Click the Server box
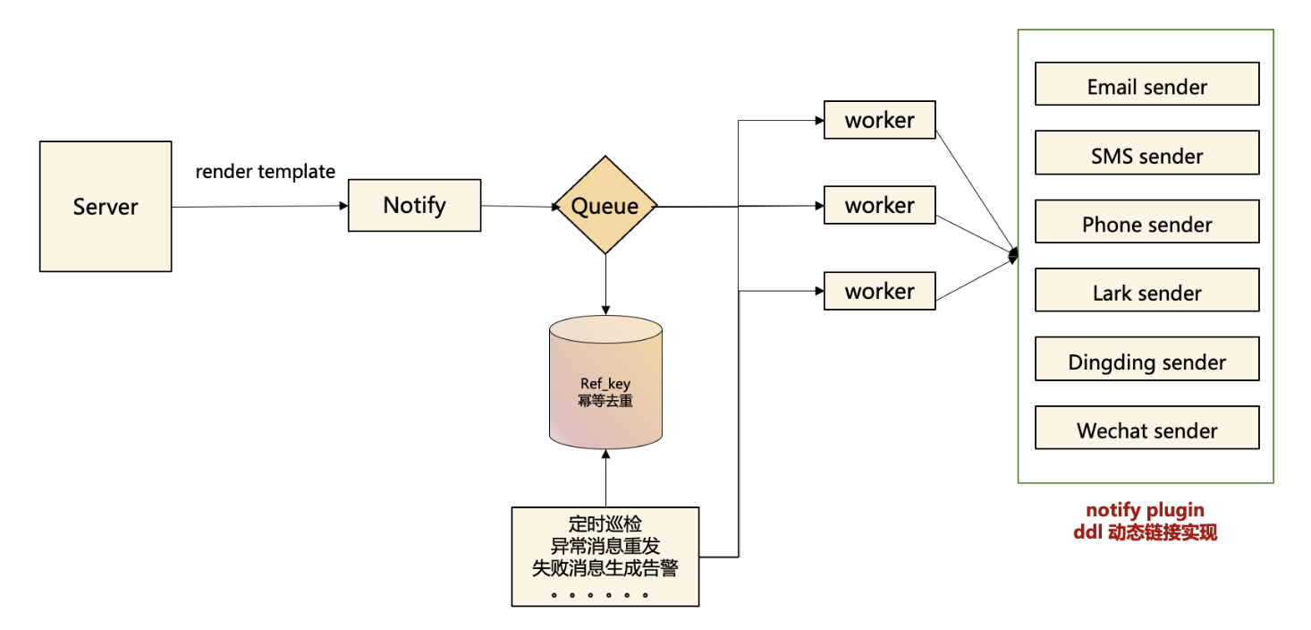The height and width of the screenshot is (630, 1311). coord(106,207)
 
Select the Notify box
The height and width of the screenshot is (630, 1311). coord(414,206)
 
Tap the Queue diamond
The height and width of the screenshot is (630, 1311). coord(605,207)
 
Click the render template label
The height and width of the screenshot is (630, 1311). coord(266,172)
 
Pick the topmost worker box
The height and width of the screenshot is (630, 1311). coord(879,120)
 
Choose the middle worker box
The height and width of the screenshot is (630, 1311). coord(879,205)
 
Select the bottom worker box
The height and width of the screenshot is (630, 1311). coord(879,291)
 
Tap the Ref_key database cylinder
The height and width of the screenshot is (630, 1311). coord(605,385)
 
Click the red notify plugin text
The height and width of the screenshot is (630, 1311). coord(1145,511)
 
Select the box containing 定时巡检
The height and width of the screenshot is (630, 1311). coord(605,556)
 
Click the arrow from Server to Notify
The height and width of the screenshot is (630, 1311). coord(259,207)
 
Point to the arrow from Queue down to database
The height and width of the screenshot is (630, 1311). coord(605,285)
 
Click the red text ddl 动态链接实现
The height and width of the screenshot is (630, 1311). coord(1145,532)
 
